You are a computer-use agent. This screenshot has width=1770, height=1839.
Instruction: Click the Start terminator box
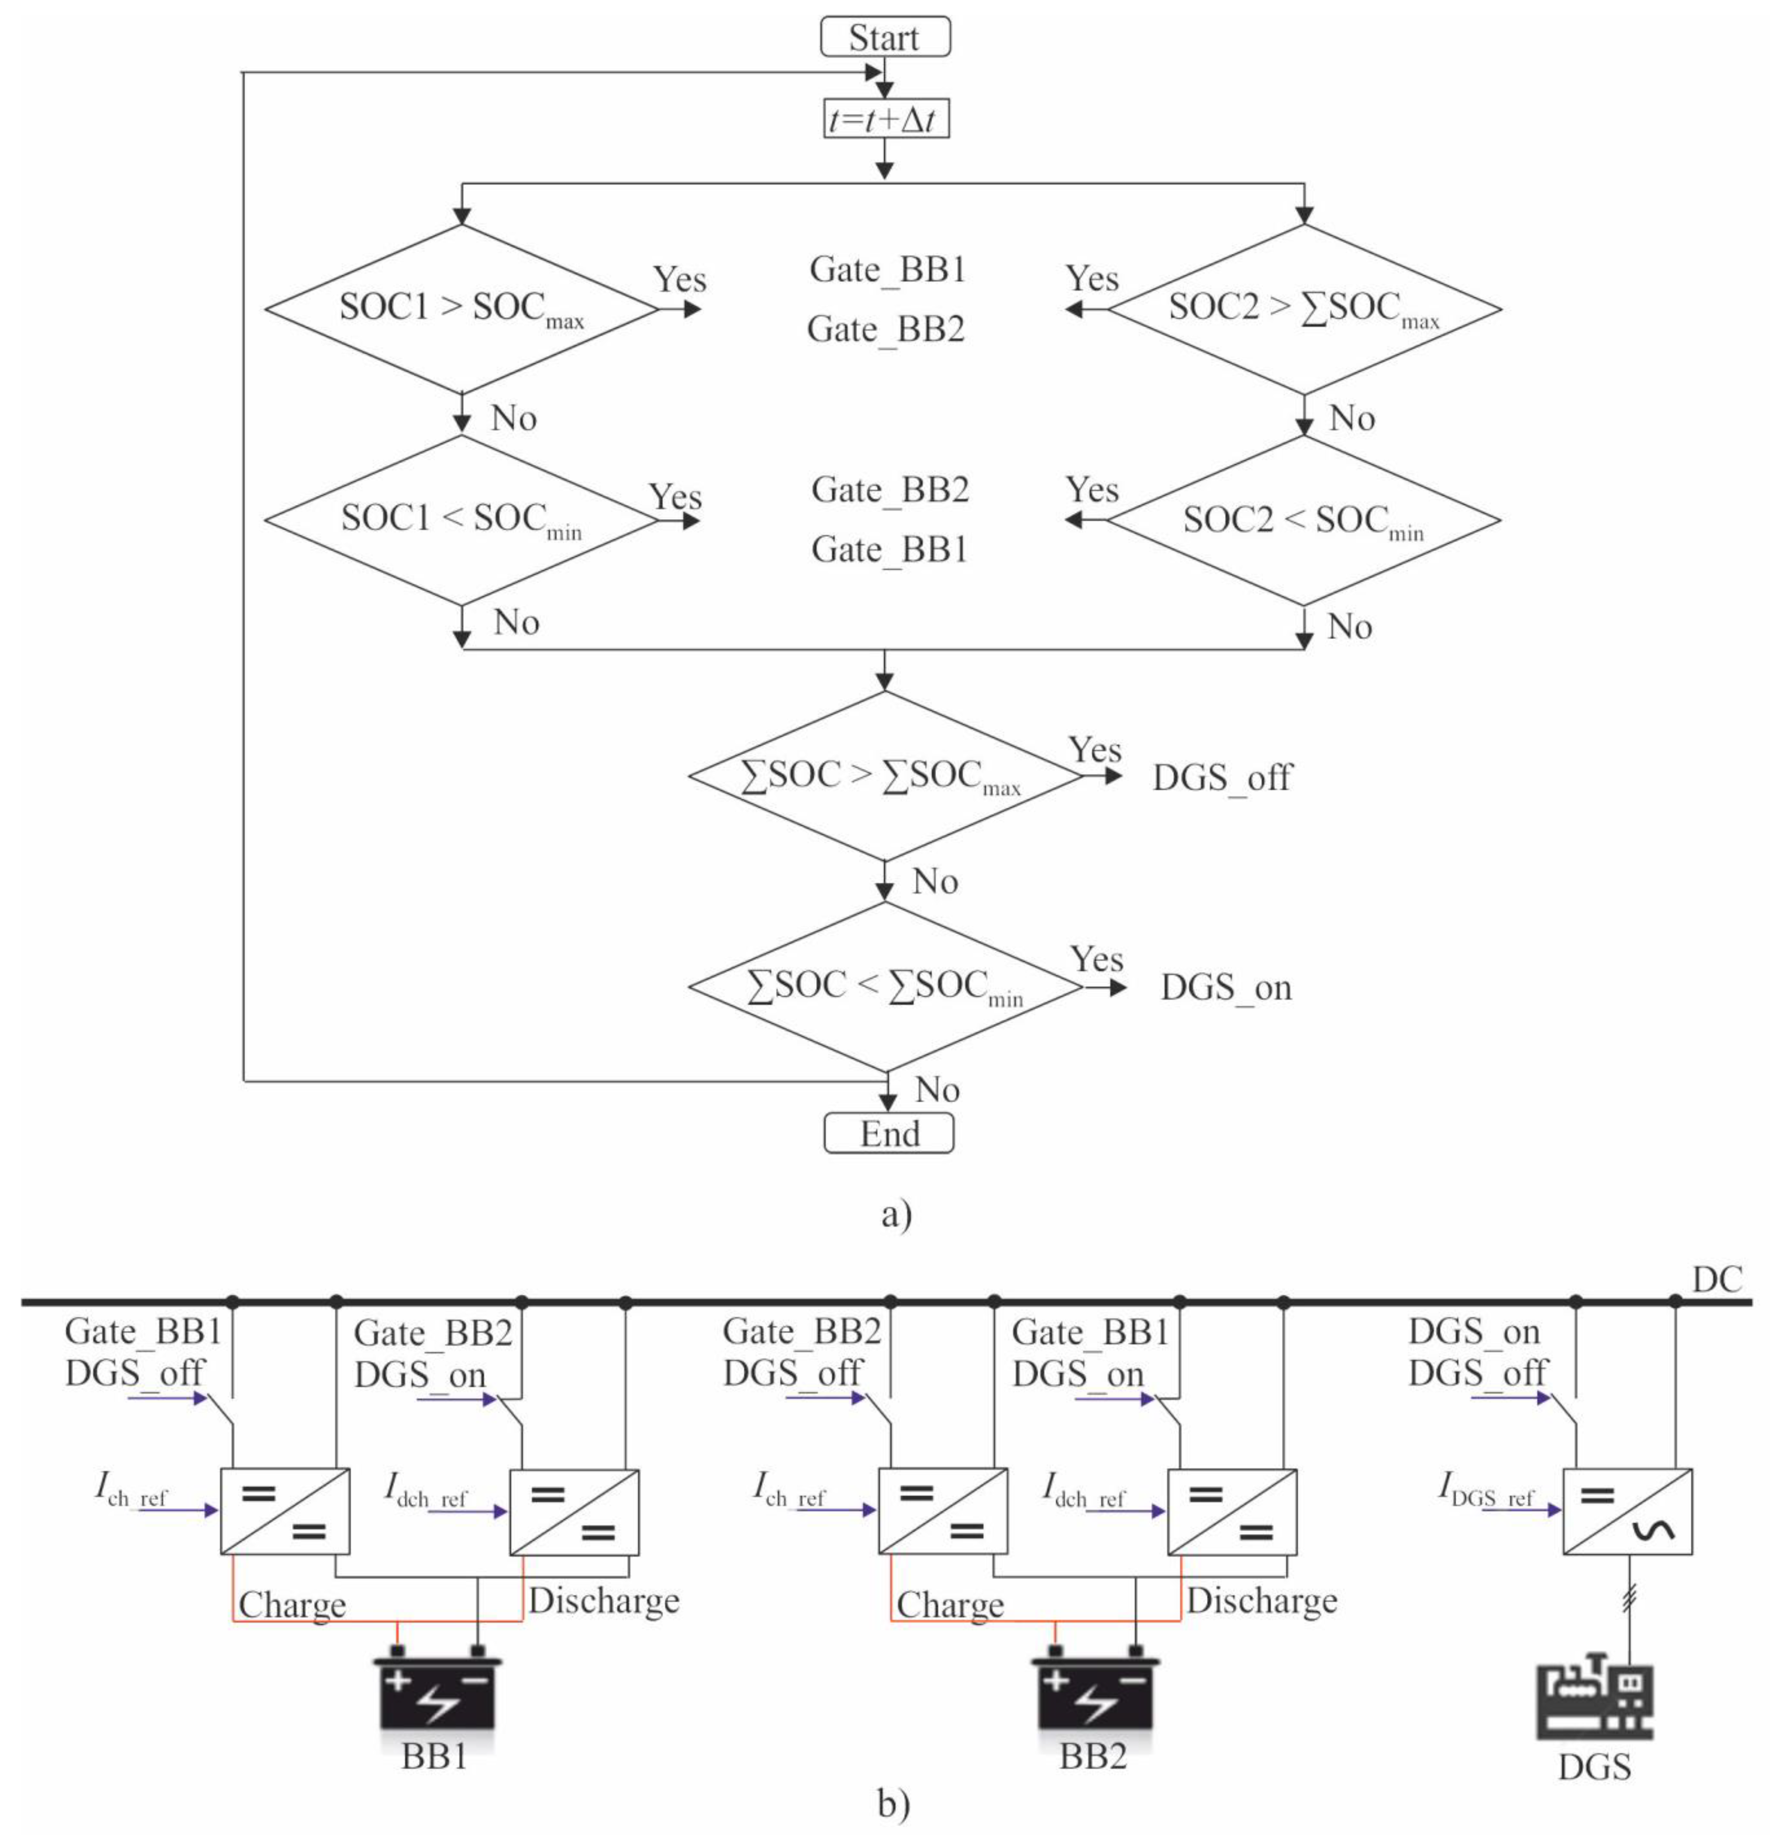pyautogui.click(x=884, y=38)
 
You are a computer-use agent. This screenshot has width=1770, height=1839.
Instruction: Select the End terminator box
pyautogui.click(x=888, y=1133)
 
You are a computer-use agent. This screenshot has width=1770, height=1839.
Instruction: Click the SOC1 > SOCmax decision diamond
pyautogui.click(x=461, y=309)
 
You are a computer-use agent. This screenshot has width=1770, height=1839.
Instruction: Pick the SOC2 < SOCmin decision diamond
pyautogui.click(x=1303, y=520)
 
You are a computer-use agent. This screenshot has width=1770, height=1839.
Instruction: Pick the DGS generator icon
pyautogui.click(x=1593, y=1700)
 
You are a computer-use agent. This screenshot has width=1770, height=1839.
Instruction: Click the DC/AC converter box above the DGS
pyautogui.click(x=1626, y=1511)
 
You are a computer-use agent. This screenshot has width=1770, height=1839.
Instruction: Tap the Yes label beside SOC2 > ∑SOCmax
pyautogui.click(x=1092, y=279)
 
